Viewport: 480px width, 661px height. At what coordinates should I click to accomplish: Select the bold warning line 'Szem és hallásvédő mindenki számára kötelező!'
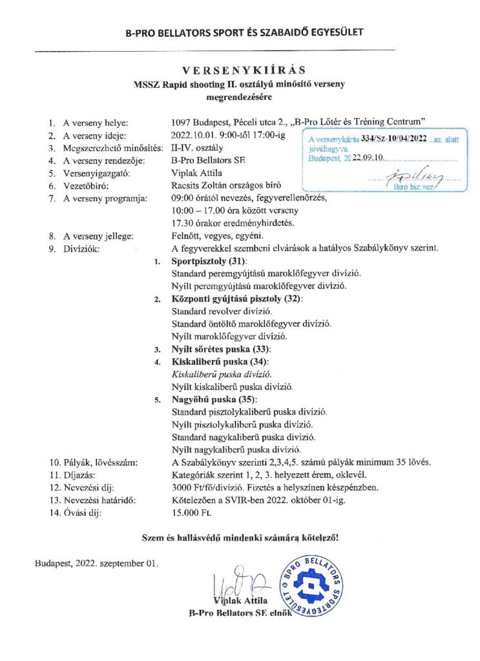tap(240, 537)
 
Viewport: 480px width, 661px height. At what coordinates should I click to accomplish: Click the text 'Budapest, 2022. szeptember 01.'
tap(96, 563)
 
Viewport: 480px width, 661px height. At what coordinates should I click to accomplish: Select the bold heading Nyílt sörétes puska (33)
tap(210, 349)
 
